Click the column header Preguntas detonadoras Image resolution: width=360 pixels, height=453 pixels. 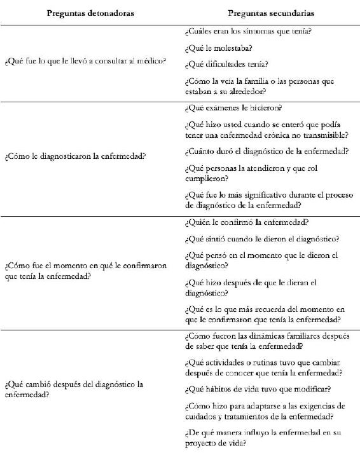click(x=90, y=13)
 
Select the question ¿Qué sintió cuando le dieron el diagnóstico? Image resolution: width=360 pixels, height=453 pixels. click(x=261, y=239)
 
